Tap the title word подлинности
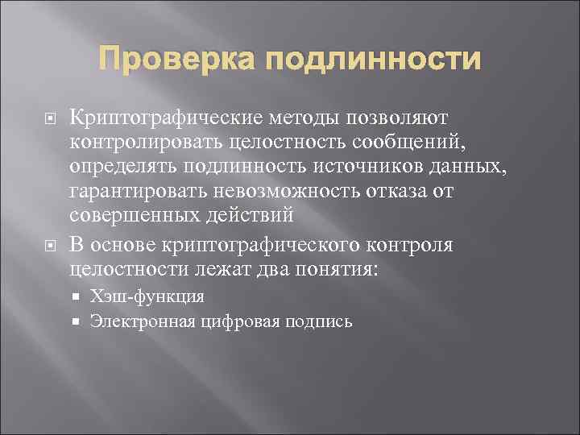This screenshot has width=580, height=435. [374, 60]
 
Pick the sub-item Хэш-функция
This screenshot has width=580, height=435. [147, 296]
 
